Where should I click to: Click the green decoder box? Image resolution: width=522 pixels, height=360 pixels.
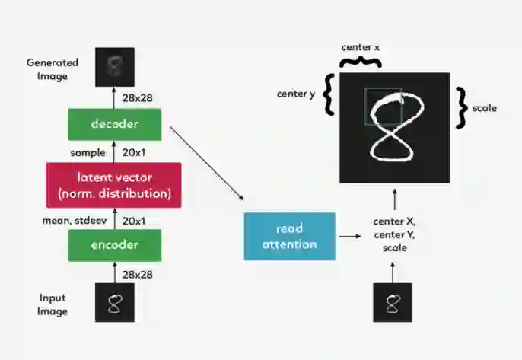pyautogui.click(x=114, y=124)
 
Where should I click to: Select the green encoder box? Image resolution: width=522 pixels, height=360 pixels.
pyautogui.click(x=114, y=245)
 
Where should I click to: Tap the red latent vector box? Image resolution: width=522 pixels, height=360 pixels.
pyautogui.click(x=114, y=185)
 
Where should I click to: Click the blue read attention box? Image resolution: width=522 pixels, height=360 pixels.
pyautogui.click(x=288, y=236)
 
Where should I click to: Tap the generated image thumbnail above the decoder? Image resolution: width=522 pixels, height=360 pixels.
pyautogui.click(x=115, y=66)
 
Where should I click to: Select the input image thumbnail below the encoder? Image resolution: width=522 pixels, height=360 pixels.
pyautogui.click(x=115, y=303)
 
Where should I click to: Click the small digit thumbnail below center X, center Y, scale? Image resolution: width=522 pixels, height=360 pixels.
pyautogui.click(x=393, y=303)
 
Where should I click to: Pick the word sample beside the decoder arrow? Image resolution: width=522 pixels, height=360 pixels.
pyautogui.click(x=88, y=152)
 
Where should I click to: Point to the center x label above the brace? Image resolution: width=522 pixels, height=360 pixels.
pyautogui.click(x=361, y=47)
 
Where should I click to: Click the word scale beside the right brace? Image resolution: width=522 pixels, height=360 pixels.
pyautogui.click(x=485, y=108)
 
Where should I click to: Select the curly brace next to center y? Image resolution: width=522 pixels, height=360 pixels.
pyautogui.click(x=328, y=95)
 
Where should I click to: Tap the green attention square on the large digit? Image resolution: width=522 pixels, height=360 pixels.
pyautogui.click(x=383, y=107)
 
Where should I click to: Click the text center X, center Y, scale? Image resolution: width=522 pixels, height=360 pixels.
pyautogui.click(x=394, y=234)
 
